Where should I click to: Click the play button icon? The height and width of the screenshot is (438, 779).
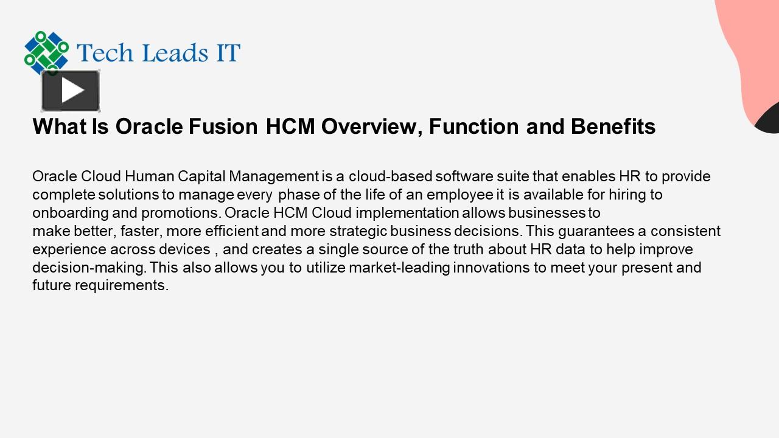pos(71,91)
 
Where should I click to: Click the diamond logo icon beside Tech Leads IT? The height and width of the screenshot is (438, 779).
pos(46,52)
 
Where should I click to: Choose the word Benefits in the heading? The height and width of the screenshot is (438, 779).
pos(613,127)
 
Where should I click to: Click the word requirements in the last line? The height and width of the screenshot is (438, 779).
pos(121,285)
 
